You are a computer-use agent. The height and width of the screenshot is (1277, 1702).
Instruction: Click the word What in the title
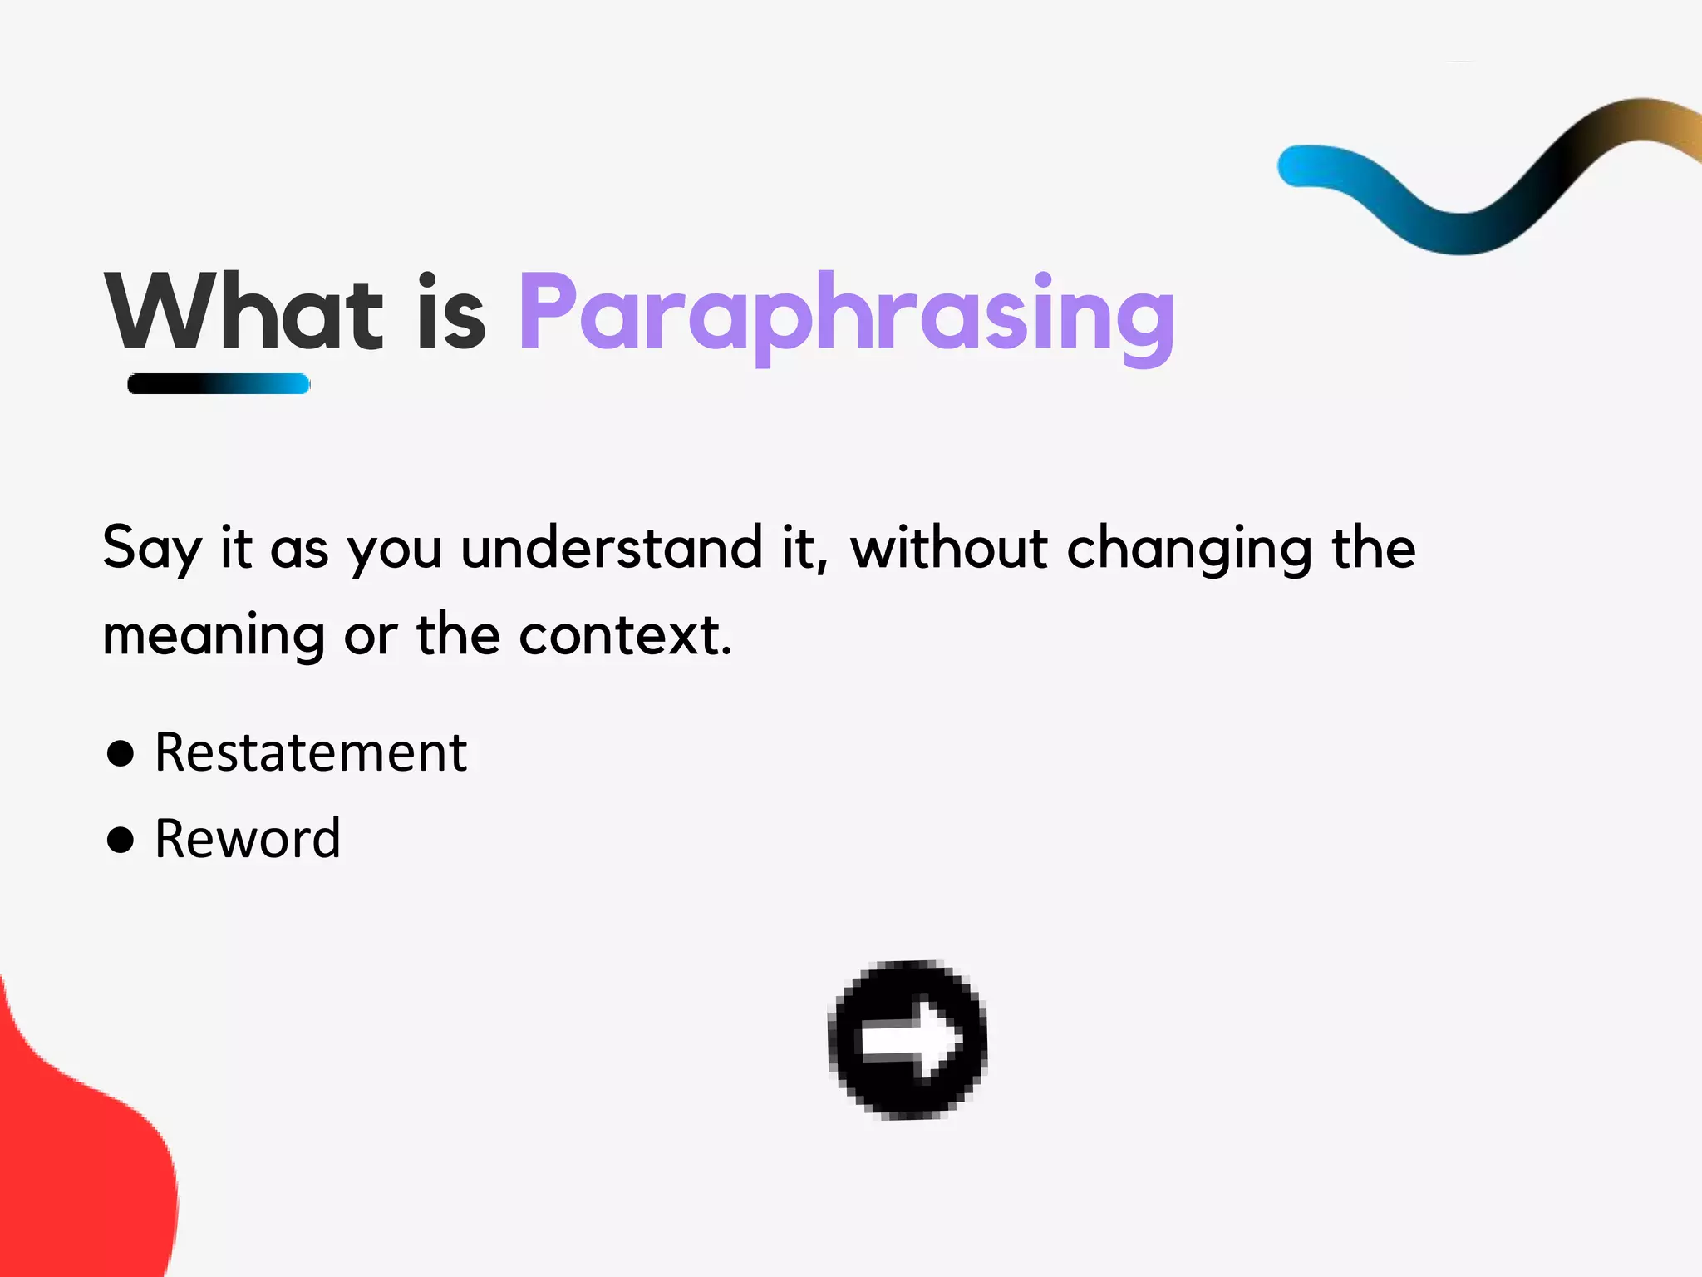pos(243,313)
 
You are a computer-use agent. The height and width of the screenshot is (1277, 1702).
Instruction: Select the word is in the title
pos(451,313)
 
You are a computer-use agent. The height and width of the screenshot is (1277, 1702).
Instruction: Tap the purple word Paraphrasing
pos(846,316)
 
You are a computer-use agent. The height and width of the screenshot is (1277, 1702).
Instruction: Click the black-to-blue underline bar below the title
pos(219,384)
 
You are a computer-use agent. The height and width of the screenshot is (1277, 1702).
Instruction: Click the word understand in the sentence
pos(611,549)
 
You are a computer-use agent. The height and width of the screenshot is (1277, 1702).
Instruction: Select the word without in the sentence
pos(948,549)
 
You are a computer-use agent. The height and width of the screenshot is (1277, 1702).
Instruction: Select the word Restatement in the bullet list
pos(311,752)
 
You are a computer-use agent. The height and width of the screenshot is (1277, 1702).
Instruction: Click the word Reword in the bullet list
pos(248,838)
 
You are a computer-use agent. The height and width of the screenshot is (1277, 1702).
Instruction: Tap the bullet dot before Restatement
pos(121,753)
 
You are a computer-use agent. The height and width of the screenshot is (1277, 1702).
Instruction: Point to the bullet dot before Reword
pos(121,839)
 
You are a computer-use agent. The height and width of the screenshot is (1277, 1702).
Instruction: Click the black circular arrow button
pos(908,1039)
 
